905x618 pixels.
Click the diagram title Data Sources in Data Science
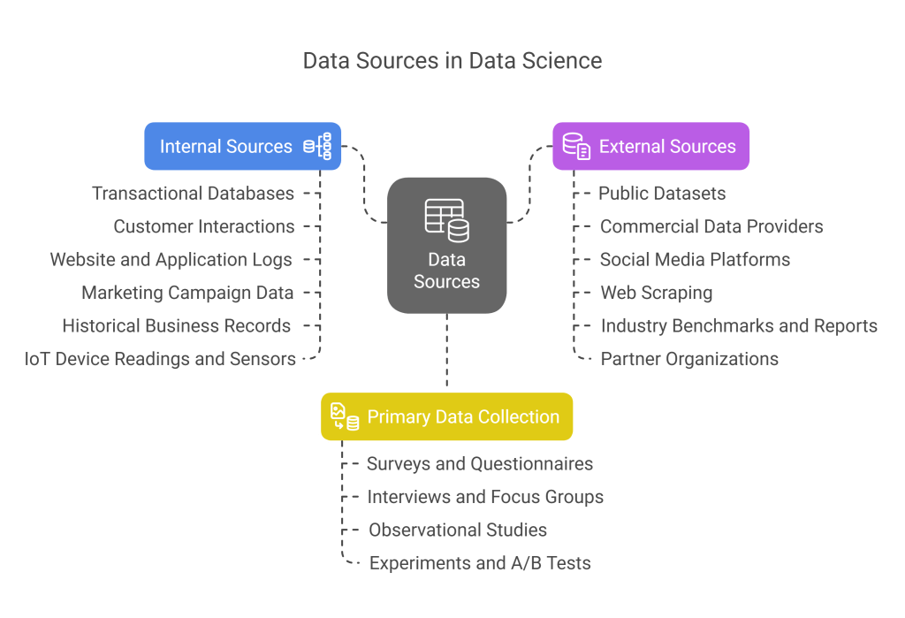click(452, 61)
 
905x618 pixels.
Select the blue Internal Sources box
click(242, 146)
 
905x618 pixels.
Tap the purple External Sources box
click(650, 146)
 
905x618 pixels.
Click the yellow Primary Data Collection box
click(446, 416)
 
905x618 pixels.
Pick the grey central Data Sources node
click(446, 245)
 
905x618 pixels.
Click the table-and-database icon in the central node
click(446, 219)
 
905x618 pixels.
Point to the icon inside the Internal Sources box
click(318, 146)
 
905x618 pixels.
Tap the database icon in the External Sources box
click(576, 146)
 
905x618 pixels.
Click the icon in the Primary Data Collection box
click(345, 416)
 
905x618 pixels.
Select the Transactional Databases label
click(193, 193)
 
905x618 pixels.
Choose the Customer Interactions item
click(204, 226)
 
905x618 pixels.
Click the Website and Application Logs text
click(171, 259)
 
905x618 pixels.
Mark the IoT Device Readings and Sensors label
click(160, 358)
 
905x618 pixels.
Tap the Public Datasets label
click(662, 193)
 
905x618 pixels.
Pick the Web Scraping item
click(657, 293)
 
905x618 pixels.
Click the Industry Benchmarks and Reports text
click(739, 325)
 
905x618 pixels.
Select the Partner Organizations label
click(689, 358)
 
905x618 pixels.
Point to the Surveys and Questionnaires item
click(480, 463)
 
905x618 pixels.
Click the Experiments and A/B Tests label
click(480, 562)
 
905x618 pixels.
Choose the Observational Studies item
click(458, 530)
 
